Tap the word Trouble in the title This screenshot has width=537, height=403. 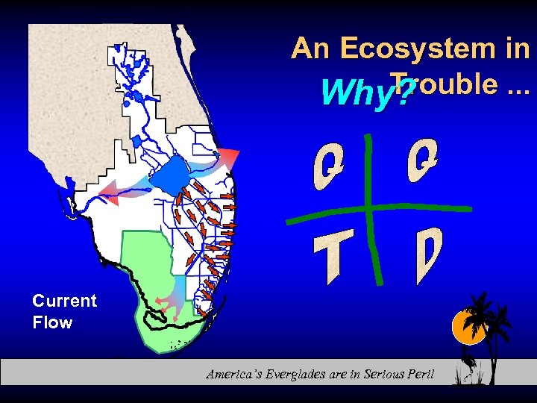[x=442, y=84]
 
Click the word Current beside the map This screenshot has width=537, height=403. [x=64, y=301]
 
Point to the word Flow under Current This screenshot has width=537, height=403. [x=52, y=322]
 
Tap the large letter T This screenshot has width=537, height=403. [x=330, y=257]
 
